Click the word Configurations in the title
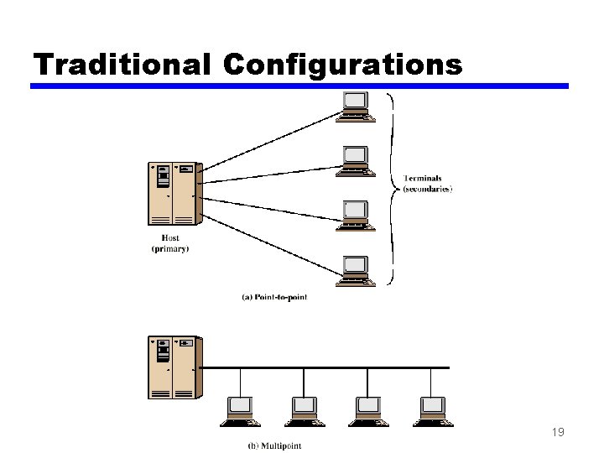[343, 65]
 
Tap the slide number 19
[558, 433]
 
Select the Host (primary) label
[170, 243]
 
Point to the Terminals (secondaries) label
[427, 184]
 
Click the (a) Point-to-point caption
[274, 297]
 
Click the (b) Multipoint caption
[273, 445]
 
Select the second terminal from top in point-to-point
[354, 160]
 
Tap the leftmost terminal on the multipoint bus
[241, 409]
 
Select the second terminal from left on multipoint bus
[305, 409]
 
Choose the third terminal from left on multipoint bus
[368, 409]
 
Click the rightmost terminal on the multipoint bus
[433, 409]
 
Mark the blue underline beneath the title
[299, 86]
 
